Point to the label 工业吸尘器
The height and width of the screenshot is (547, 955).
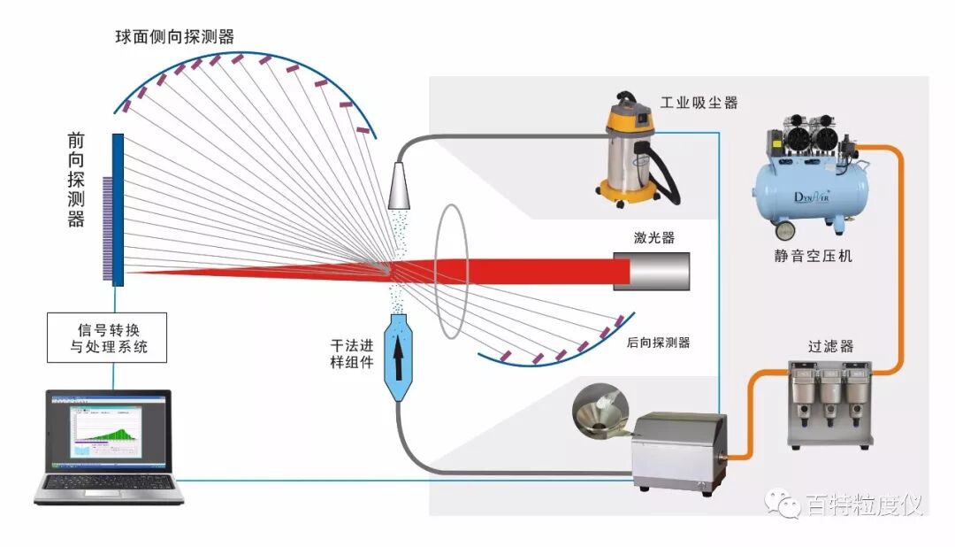[x=699, y=103]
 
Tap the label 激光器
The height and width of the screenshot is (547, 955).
[x=653, y=237]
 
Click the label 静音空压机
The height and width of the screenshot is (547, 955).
[x=812, y=257]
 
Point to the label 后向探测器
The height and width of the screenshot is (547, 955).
[x=657, y=343]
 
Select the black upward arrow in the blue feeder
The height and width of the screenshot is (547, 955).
[x=397, y=349]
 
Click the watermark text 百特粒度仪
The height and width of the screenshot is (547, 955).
[x=863, y=505]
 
